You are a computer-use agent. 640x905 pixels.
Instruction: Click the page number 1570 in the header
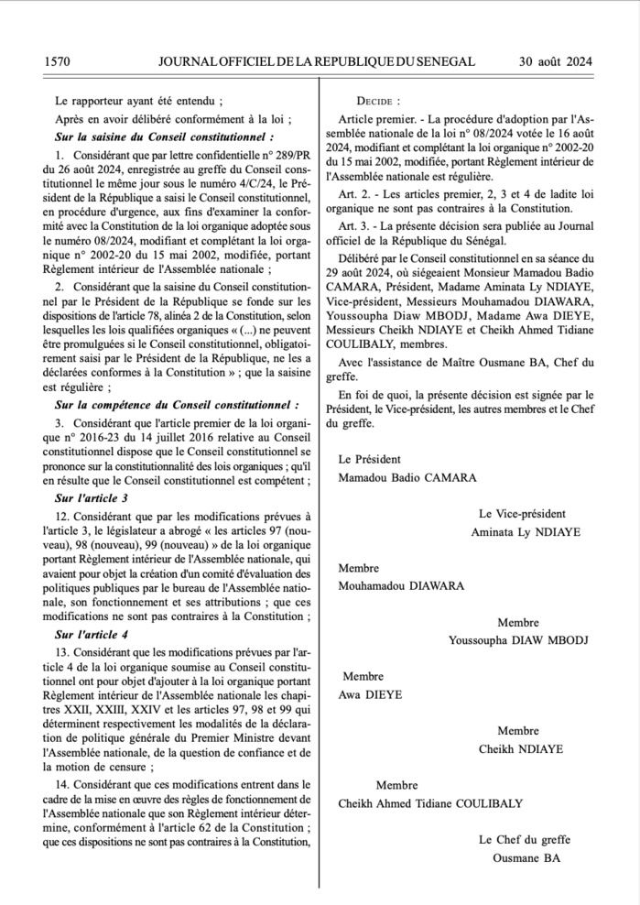coord(57,61)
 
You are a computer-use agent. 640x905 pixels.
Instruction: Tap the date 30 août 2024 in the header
coord(556,61)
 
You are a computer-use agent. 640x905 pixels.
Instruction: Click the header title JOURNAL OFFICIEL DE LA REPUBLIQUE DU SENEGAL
coord(316,61)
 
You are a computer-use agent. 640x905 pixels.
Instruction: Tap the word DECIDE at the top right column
coord(377,101)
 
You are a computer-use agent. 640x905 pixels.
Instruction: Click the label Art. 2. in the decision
coord(353,193)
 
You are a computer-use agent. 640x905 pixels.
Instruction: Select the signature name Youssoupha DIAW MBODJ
coord(517,638)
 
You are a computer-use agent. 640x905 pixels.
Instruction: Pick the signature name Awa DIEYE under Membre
coord(363,693)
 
